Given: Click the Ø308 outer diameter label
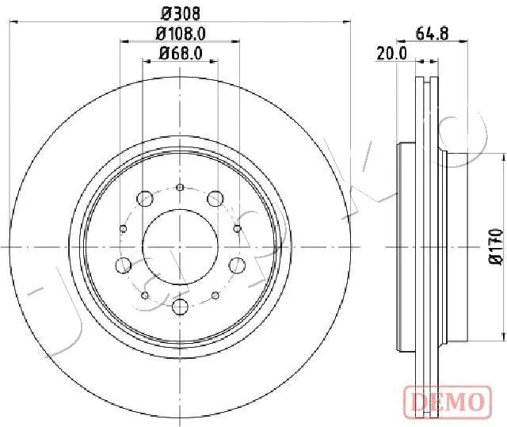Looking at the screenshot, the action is coord(181,14).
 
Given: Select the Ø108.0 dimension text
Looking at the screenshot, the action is coord(181,33).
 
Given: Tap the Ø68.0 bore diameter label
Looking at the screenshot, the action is coord(181,53).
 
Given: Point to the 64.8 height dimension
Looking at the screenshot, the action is coord(433,33).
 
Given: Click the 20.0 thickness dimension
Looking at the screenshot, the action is coord(391,53).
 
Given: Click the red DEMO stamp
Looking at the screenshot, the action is coord(448,402).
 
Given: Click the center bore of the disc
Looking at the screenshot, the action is coord(180,247).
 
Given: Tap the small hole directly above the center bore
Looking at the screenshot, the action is coord(180,187).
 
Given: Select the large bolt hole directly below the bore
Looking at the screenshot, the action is coord(180,307).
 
